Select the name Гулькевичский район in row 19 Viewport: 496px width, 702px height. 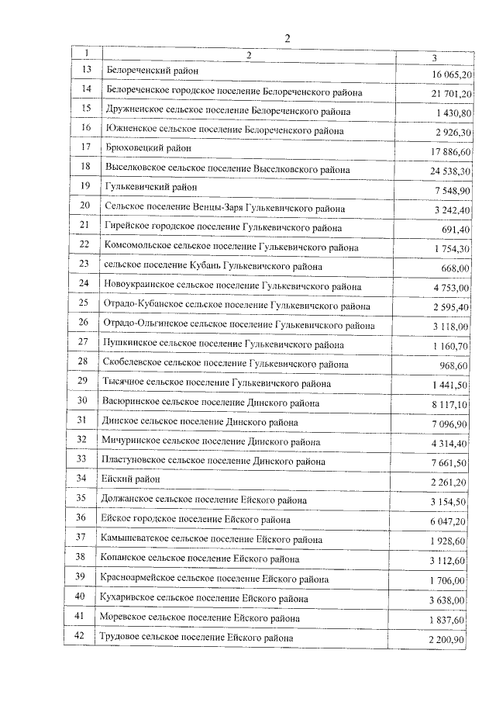pyautogui.click(x=150, y=187)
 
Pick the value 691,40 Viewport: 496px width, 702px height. pyautogui.click(x=456, y=230)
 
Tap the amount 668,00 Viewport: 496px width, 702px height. pyautogui.click(x=456, y=268)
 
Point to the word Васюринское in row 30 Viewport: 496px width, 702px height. pyautogui.click(x=129, y=403)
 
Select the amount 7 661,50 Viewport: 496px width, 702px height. pyautogui.click(x=449, y=463)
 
